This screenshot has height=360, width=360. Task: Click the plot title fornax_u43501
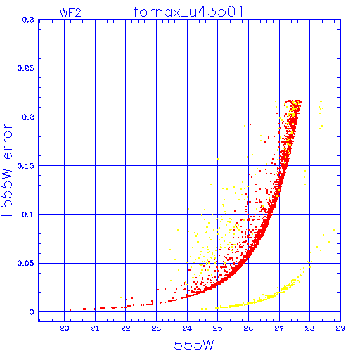[188, 11]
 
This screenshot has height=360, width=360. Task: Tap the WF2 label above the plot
[70, 13]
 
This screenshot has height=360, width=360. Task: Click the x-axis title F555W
[190, 345]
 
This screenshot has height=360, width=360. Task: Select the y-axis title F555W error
[6, 170]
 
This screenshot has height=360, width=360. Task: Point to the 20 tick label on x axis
[64, 328]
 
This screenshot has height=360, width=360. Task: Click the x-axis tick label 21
[95, 328]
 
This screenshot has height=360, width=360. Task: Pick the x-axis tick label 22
[126, 328]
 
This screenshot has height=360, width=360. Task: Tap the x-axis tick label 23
[156, 328]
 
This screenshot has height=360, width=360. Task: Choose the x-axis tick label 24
[187, 328]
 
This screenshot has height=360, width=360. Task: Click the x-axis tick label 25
[217, 328]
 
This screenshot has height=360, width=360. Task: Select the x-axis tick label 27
[279, 328]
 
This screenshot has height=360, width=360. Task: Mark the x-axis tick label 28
[309, 328]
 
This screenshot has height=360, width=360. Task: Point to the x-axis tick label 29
[340, 328]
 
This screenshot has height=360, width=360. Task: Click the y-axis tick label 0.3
[28, 20]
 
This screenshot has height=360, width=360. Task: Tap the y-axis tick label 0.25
[25, 68]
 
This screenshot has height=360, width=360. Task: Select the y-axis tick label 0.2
[28, 117]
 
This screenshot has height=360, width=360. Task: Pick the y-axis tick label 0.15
[25, 166]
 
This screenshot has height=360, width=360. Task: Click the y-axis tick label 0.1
[28, 214]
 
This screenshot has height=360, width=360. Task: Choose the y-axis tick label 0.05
[25, 263]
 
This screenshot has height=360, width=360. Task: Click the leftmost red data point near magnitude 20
[70, 310]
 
